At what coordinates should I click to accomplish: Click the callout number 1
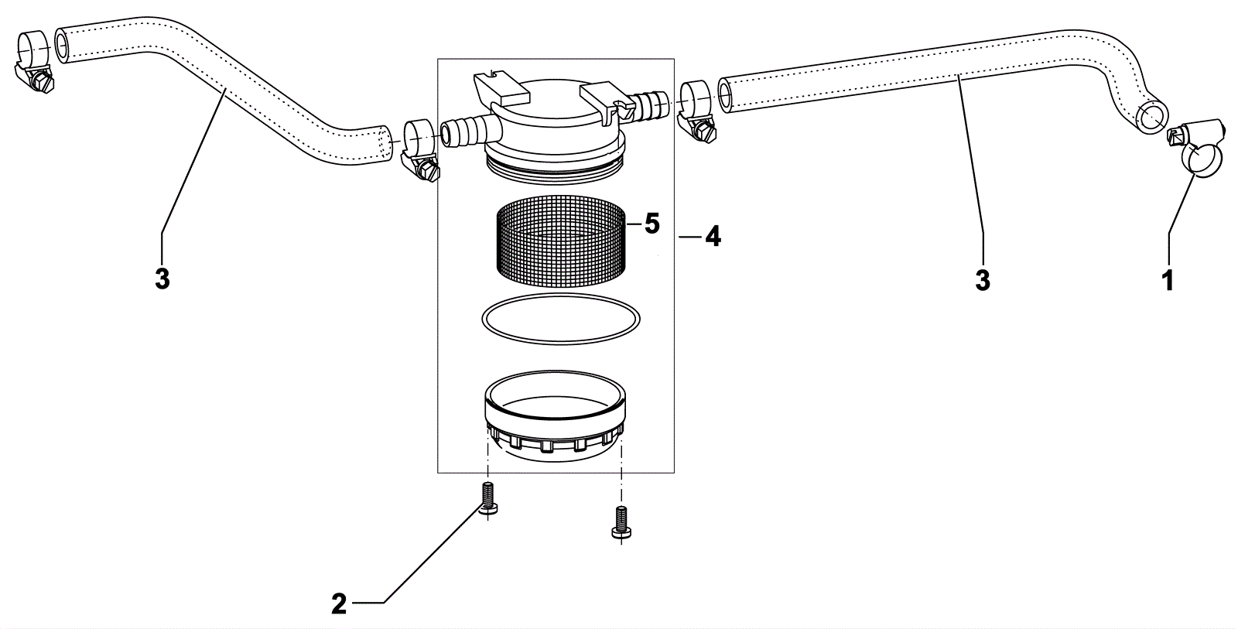(x=1168, y=280)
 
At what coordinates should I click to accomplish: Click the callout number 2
(x=339, y=603)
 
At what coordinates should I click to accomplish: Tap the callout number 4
(x=713, y=237)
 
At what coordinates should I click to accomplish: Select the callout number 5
(x=651, y=224)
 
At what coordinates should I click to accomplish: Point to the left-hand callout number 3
(x=162, y=279)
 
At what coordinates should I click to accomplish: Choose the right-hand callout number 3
(x=983, y=280)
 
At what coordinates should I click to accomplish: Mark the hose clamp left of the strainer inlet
(x=419, y=147)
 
